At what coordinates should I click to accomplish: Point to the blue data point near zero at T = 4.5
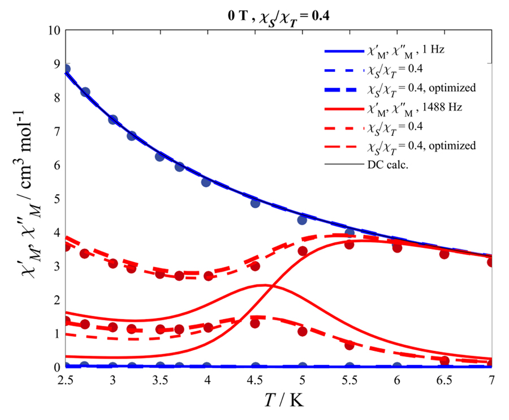(255, 366)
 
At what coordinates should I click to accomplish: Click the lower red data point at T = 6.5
(444, 361)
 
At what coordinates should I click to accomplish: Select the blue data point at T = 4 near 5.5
(206, 182)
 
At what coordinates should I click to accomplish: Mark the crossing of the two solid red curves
(270, 286)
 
